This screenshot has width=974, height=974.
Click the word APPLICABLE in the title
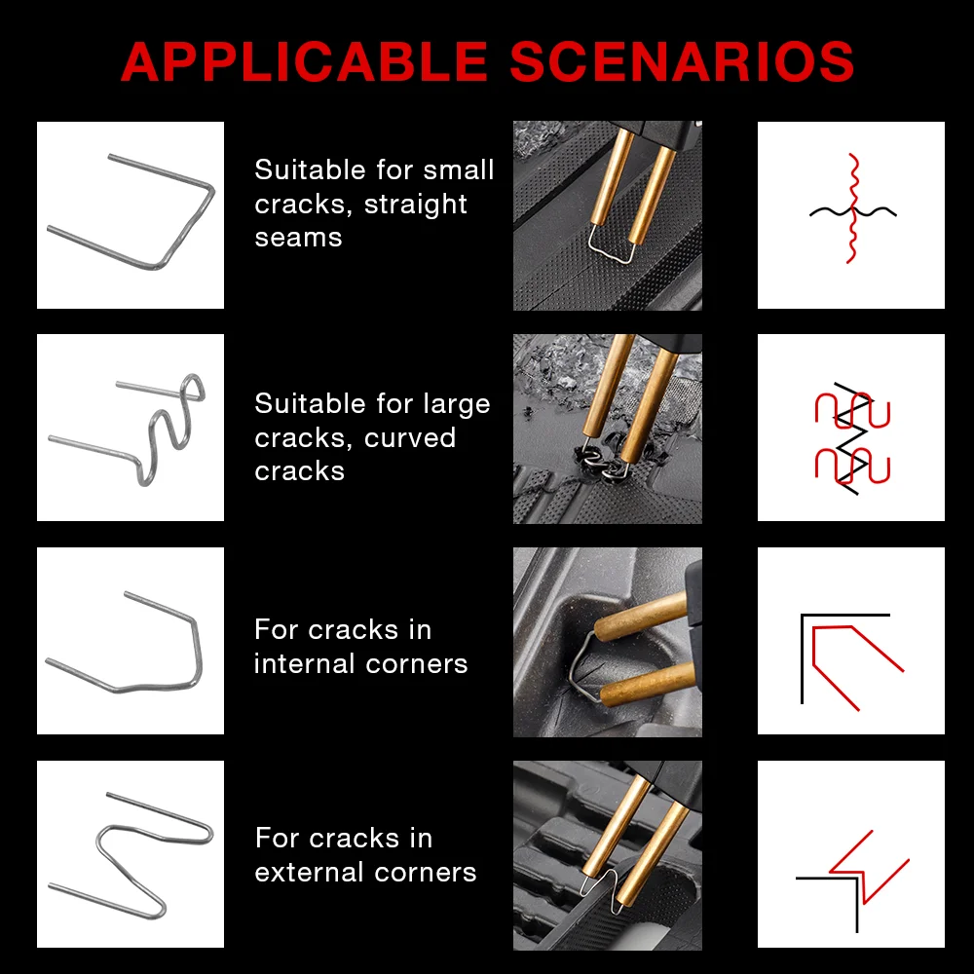click(304, 61)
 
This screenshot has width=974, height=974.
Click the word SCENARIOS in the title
click(682, 61)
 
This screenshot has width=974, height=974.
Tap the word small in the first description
click(459, 169)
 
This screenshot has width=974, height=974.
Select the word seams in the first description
click(298, 238)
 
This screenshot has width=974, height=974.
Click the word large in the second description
click(457, 405)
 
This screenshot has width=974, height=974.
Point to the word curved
click(410, 438)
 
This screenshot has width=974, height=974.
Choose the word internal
click(305, 664)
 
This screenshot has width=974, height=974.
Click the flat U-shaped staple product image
click(131, 215)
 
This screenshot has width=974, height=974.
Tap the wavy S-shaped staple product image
click(131, 428)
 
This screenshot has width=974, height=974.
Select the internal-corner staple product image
click(131, 641)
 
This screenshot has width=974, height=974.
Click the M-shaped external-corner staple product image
click(131, 854)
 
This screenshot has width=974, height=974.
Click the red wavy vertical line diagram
click(853, 208)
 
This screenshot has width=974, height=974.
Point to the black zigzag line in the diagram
click(851, 438)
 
